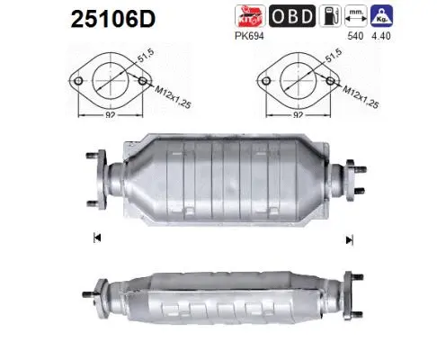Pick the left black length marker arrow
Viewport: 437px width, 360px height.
[x=96, y=238]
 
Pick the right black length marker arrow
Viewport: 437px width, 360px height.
[x=349, y=238]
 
